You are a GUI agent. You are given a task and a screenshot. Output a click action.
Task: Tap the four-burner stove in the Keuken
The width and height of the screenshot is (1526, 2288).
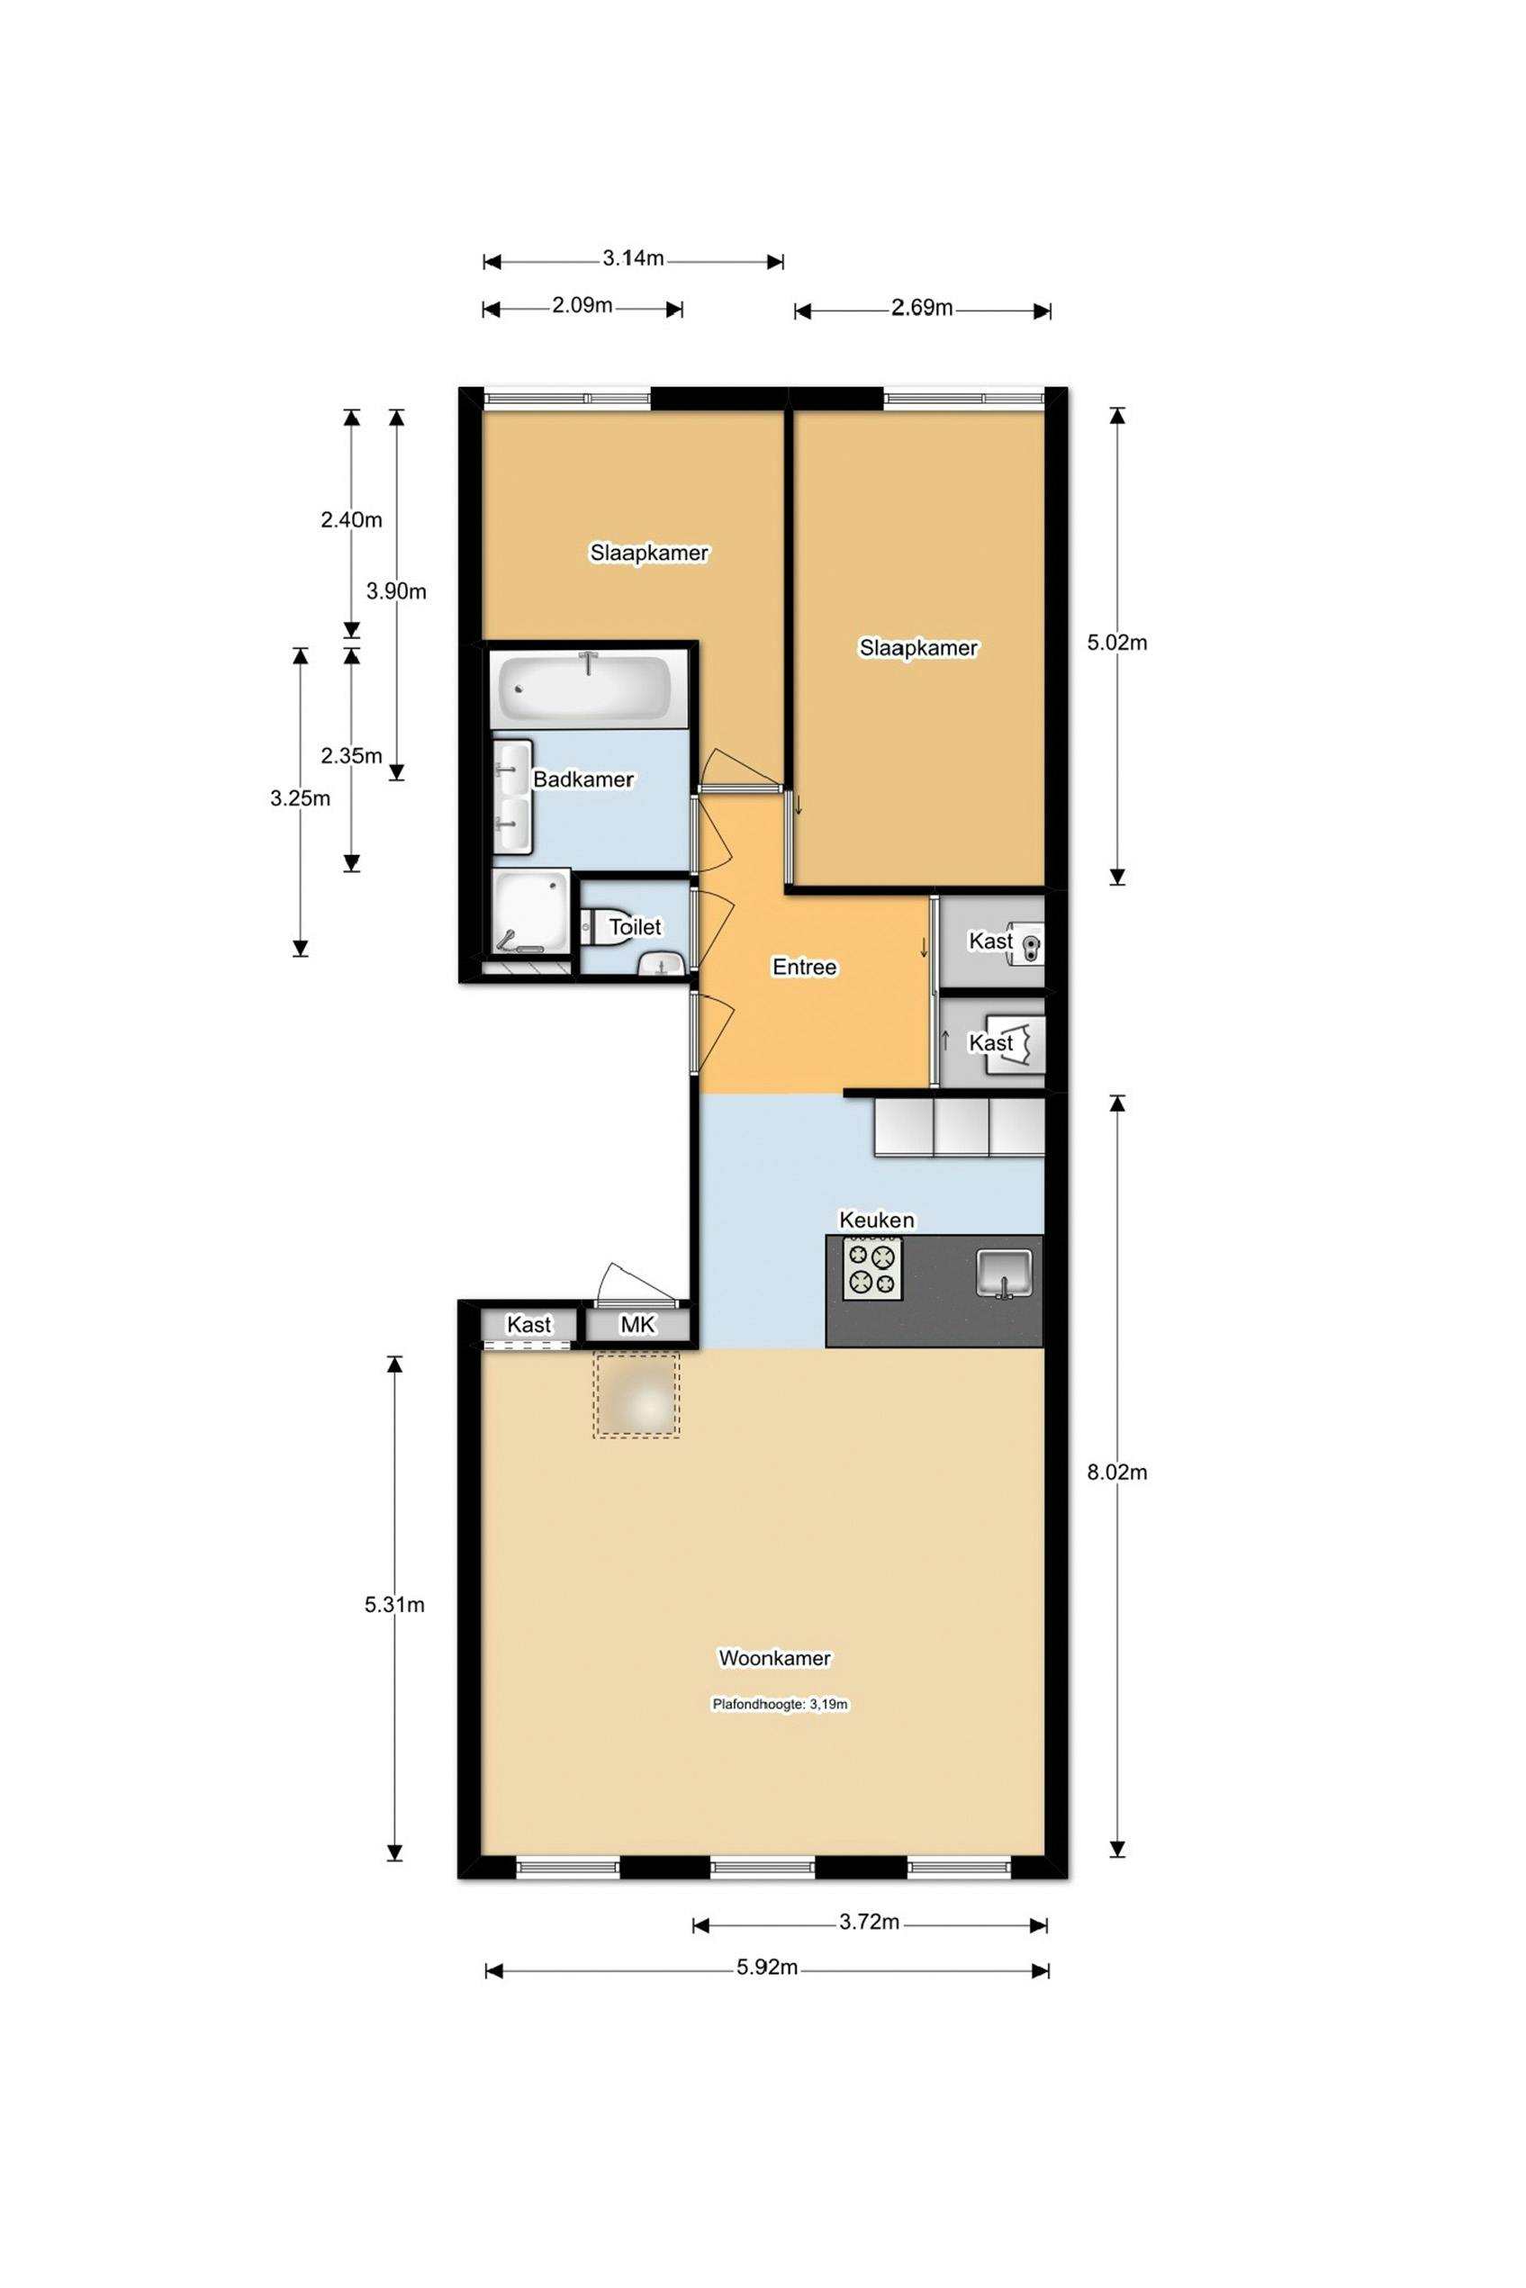tap(872, 1267)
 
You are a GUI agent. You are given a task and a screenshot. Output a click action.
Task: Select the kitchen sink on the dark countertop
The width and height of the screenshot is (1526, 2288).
tap(1005, 1274)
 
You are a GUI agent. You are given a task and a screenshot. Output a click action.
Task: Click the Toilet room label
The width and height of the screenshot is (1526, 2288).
tap(635, 927)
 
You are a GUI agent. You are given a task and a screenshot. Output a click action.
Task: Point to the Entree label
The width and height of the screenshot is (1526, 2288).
tap(804, 967)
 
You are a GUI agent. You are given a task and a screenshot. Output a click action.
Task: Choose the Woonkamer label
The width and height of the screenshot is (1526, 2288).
tap(774, 1658)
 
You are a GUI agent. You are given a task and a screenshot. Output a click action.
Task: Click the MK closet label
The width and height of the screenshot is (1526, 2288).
tap(638, 1324)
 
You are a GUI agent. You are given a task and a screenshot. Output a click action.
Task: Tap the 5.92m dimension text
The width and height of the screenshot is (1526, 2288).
tap(767, 1967)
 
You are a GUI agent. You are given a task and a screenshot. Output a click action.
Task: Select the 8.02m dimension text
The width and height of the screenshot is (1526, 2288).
tap(1117, 1472)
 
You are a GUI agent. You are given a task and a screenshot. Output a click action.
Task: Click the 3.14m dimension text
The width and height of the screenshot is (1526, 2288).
tap(633, 257)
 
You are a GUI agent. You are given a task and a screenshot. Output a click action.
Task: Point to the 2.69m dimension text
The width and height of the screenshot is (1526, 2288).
tap(922, 308)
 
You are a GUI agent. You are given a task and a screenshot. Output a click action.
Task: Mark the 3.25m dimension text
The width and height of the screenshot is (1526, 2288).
tap(300, 797)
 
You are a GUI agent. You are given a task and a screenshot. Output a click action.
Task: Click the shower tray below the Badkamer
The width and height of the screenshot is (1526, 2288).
tap(530, 912)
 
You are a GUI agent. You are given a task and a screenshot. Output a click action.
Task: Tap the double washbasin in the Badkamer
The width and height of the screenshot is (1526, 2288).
tap(513, 797)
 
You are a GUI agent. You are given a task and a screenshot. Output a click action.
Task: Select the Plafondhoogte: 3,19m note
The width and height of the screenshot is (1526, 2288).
tap(781, 1705)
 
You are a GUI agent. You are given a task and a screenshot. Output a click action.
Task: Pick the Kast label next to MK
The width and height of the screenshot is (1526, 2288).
tap(528, 1324)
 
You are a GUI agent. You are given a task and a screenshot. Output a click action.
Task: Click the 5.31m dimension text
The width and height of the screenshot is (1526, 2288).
tap(394, 1604)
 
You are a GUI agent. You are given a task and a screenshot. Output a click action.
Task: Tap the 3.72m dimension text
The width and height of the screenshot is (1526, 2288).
tap(869, 1922)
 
